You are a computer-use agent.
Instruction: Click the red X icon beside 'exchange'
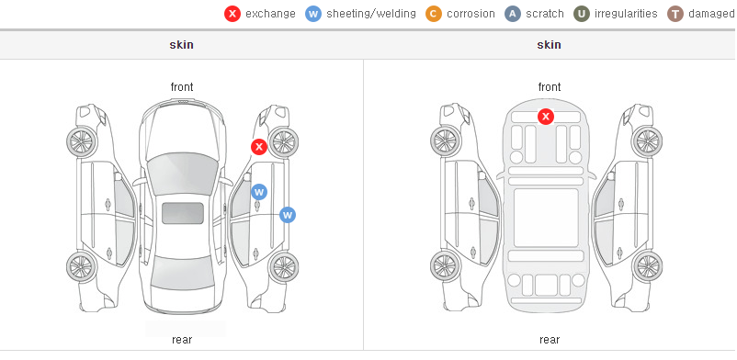coord(232,14)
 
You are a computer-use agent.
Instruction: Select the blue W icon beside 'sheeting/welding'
coord(313,14)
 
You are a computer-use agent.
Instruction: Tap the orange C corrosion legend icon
coord(434,14)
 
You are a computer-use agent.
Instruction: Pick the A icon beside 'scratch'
coord(513,14)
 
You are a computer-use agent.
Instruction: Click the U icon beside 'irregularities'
coord(582,14)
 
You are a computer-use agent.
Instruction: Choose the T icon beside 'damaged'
coord(675,14)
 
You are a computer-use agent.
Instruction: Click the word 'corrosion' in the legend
coord(471,14)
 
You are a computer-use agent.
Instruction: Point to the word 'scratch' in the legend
coord(545,14)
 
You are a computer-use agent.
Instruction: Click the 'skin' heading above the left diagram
coord(181,45)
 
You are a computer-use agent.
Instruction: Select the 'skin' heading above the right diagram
coord(549,45)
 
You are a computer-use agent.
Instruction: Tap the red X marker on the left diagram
coord(258,147)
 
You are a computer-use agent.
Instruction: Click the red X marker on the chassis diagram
coord(545,116)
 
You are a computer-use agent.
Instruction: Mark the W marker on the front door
coord(259,192)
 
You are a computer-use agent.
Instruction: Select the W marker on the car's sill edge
coord(288,215)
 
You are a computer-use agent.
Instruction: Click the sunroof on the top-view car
coord(183,213)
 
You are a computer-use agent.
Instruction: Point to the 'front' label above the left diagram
coord(182,87)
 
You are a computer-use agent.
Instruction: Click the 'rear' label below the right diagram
coord(550,340)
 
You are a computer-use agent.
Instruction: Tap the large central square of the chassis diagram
coord(546,218)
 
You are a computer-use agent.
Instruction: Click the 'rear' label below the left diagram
coord(182,340)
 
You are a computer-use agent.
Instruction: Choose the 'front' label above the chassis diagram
coord(550,87)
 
